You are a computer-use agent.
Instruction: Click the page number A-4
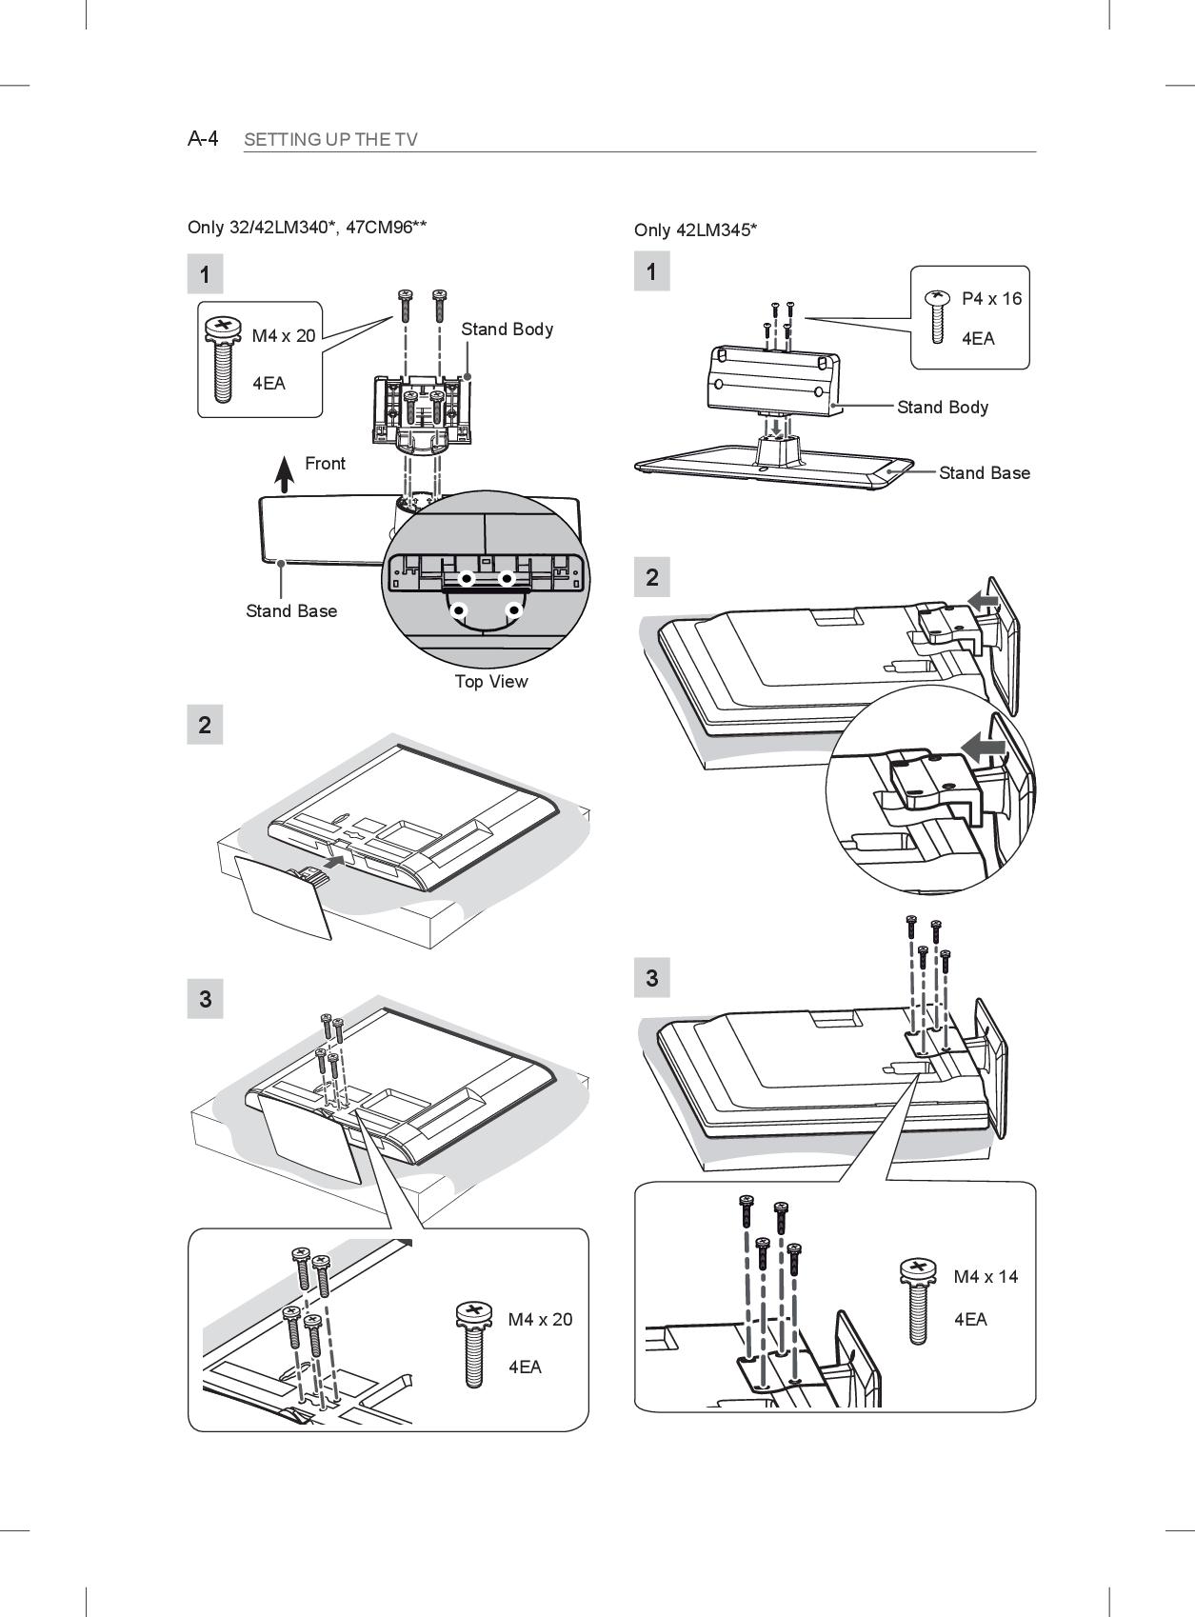click(203, 139)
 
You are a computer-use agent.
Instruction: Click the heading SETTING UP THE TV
click(330, 140)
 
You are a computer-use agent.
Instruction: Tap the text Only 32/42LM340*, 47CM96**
click(307, 228)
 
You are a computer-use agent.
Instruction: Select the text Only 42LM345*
click(695, 230)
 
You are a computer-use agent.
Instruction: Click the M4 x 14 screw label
click(986, 1277)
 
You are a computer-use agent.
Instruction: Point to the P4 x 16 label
click(991, 299)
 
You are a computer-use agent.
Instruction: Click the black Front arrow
click(284, 473)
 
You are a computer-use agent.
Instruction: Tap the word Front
click(325, 464)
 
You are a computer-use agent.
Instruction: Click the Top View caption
click(490, 682)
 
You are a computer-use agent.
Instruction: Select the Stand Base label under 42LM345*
click(984, 473)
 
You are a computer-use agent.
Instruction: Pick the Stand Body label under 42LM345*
click(943, 408)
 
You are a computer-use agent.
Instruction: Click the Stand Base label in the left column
click(291, 611)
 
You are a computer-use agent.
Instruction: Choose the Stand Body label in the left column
click(507, 329)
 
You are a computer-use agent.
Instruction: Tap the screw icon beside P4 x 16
click(938, 315)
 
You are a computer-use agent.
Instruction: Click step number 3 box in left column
click(205, 999)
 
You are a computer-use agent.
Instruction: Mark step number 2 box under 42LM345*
click(651, 577)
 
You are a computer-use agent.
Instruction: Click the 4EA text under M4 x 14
click(970, 1320)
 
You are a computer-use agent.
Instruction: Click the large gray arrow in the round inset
click(984, 748)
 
